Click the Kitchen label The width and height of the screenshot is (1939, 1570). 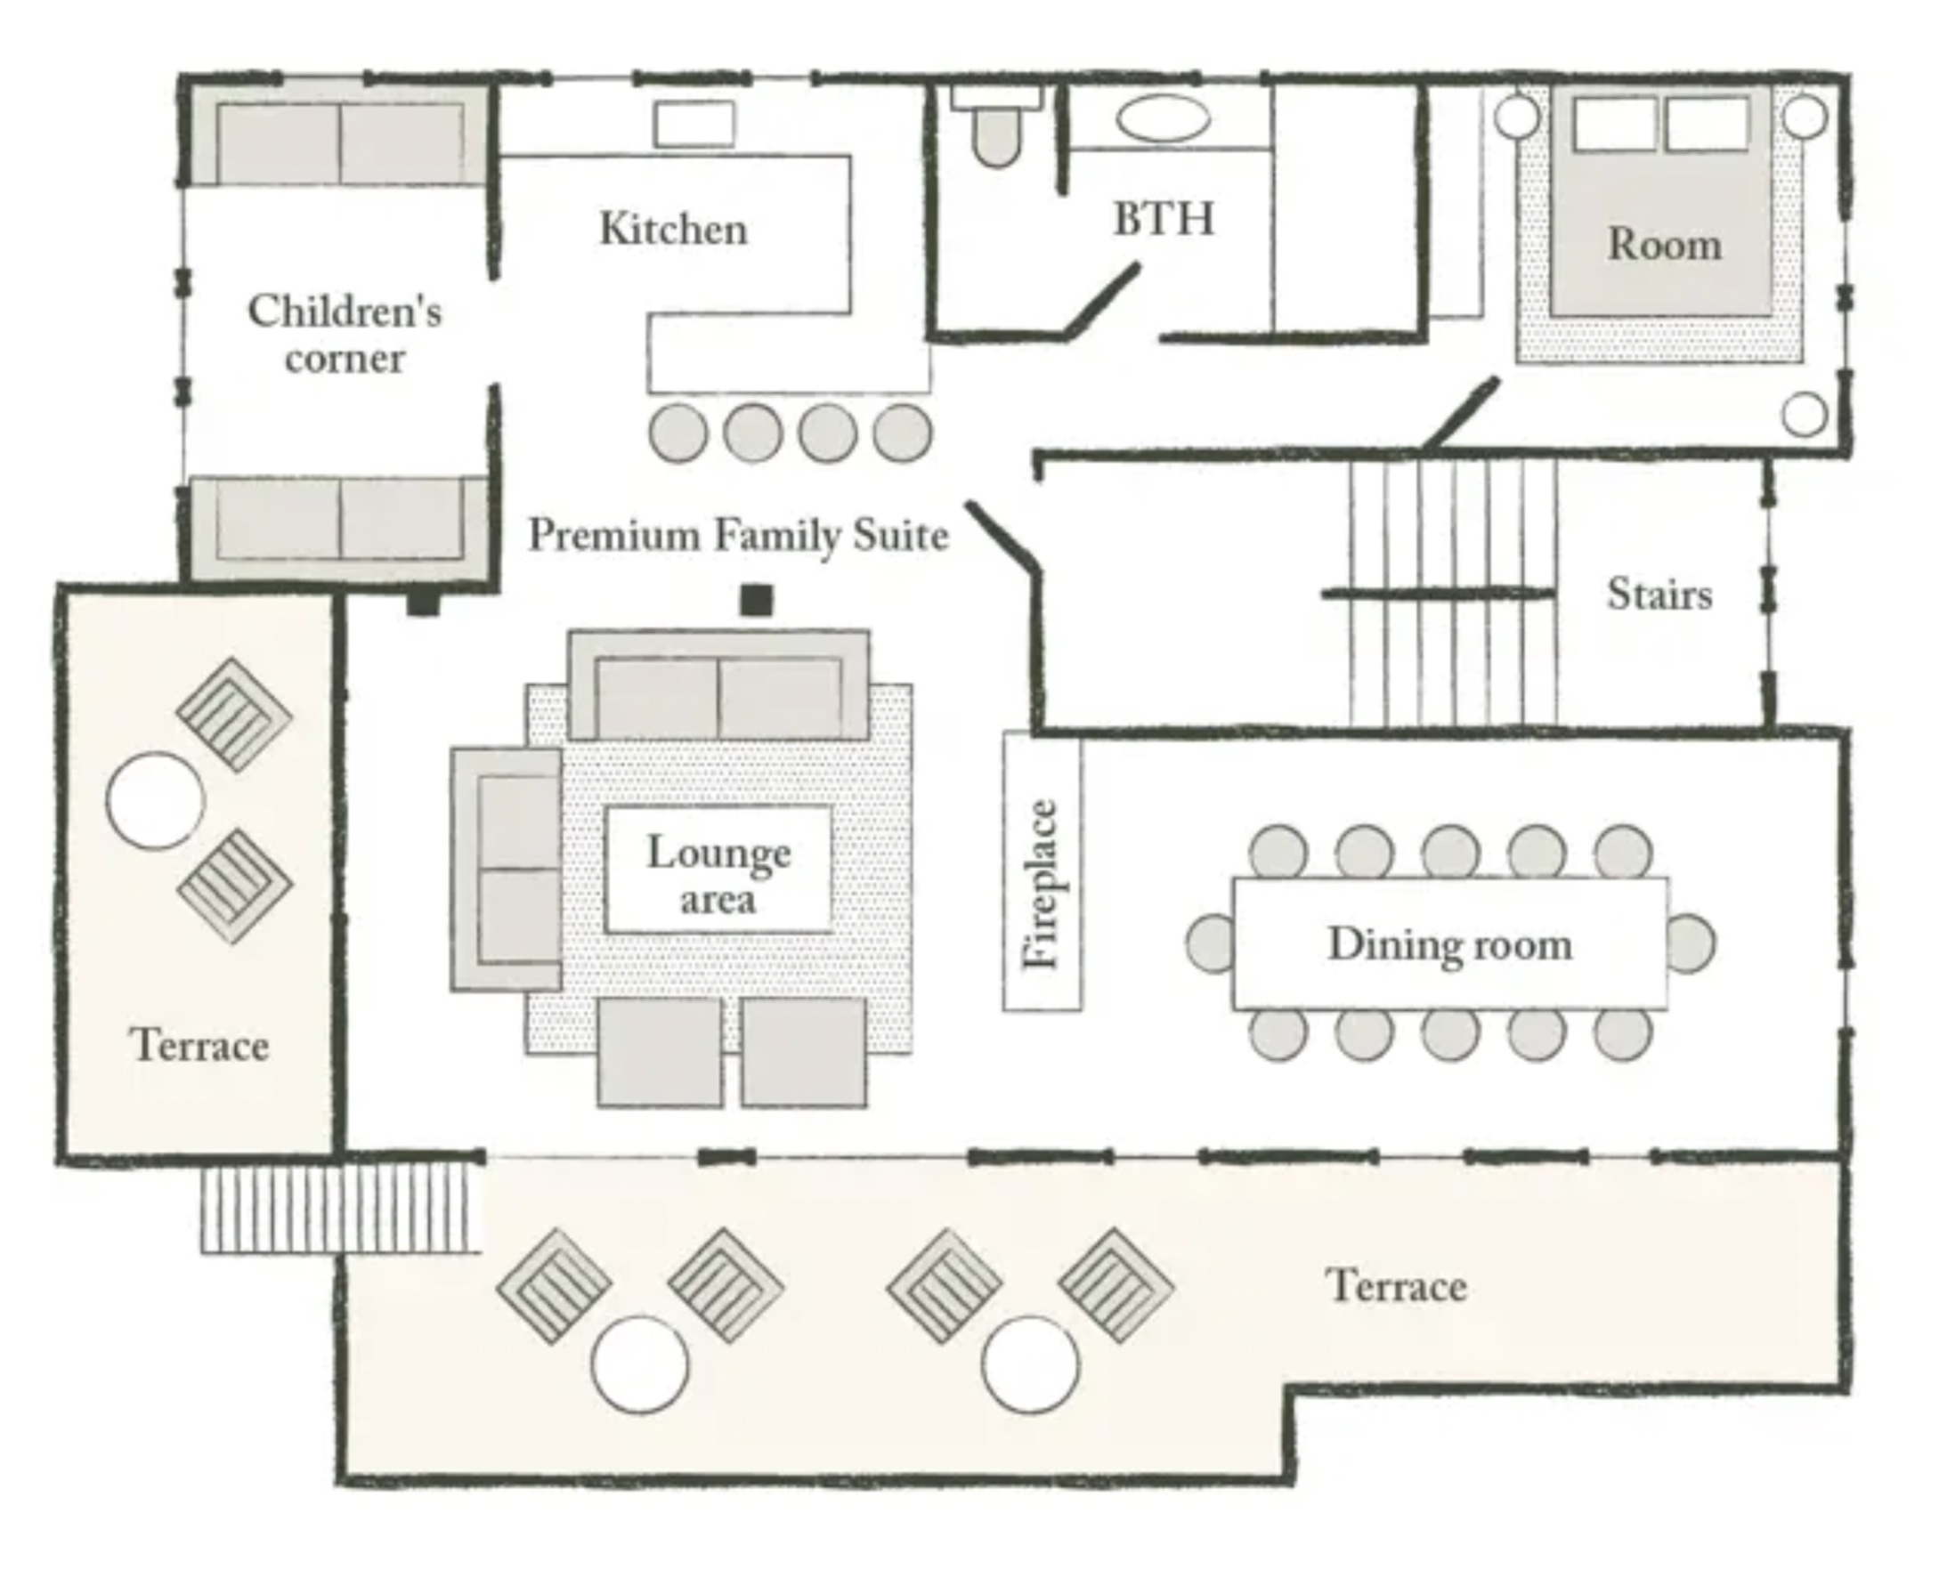[x=674, y=229]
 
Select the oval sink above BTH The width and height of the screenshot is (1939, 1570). [x=1163, y=119]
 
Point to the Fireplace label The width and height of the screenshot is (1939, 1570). [x=1041, y=884]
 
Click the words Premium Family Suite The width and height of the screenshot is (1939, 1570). [x=739, y=535]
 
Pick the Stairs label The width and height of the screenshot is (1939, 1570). [x=1659, y=595]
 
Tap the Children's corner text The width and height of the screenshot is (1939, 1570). [x=345, y=334]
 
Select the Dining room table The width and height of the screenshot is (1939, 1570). [x=1450, y=943]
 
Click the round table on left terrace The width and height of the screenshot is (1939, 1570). [x=156, y=801]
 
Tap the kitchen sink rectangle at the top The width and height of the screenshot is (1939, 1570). [x=694, y=124]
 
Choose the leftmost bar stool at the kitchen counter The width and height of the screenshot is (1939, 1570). [x=678, y=433]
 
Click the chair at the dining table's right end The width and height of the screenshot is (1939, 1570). [x=1692, y=943]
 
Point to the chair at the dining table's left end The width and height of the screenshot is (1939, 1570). [x=1210, y=943]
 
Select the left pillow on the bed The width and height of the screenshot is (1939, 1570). [x=1614, y=124]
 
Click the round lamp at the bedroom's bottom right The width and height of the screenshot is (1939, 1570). [x=1805, y=415]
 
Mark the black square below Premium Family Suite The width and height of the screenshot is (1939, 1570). [x=757, y=600]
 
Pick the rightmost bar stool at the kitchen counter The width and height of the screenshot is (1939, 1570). [x=903, y=433]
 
